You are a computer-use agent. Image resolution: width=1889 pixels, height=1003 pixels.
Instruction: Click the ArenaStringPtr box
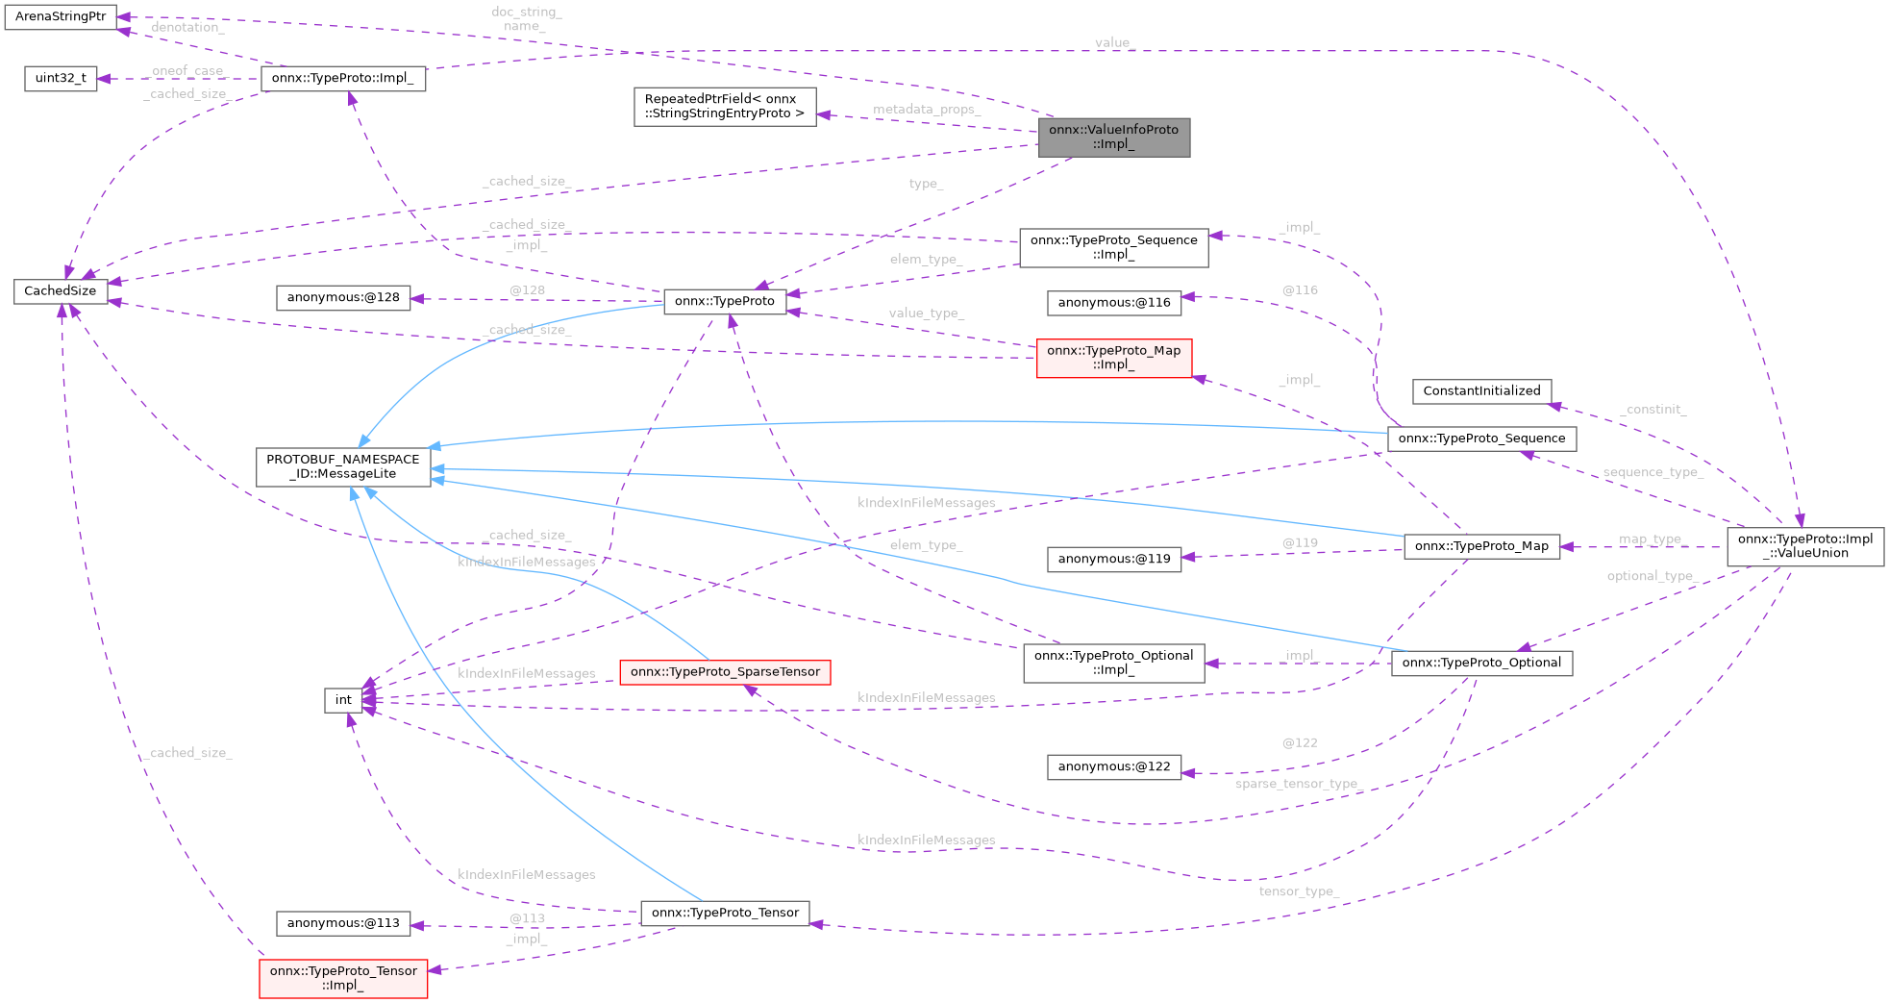60,17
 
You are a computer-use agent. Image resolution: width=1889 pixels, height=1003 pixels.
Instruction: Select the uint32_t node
60,78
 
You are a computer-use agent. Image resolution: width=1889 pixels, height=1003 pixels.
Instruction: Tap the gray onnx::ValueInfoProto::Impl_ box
1113,137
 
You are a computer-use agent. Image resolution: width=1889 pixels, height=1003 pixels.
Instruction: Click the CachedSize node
60,290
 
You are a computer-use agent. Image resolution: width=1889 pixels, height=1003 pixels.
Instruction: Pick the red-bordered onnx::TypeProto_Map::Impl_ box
1113,358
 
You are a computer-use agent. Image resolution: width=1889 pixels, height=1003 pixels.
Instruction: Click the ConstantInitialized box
1480,390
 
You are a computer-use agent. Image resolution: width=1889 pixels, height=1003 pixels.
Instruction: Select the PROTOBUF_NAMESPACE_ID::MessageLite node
342,466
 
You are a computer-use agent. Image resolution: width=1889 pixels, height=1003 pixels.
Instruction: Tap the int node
343,700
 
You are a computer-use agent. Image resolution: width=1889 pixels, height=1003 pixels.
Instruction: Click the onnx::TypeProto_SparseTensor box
725,672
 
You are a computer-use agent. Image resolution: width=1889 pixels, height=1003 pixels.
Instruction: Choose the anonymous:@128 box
342,297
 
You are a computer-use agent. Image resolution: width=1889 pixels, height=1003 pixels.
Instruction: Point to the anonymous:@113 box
342,923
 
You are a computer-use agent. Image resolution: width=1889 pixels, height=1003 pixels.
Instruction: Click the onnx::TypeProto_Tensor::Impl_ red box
343,978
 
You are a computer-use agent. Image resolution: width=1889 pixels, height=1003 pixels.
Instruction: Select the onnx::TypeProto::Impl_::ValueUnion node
1804,546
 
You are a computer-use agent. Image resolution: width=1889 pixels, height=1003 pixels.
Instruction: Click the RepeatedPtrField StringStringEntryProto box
724,106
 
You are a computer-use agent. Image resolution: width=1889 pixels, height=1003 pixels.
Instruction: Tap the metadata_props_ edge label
925,110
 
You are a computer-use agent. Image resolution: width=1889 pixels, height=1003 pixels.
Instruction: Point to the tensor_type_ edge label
1298,891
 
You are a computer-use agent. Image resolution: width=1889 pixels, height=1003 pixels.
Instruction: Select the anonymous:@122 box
1113,766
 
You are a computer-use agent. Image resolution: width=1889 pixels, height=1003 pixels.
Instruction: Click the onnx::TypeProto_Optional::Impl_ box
1113,663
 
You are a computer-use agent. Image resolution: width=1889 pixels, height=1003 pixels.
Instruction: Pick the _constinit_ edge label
1653,410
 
